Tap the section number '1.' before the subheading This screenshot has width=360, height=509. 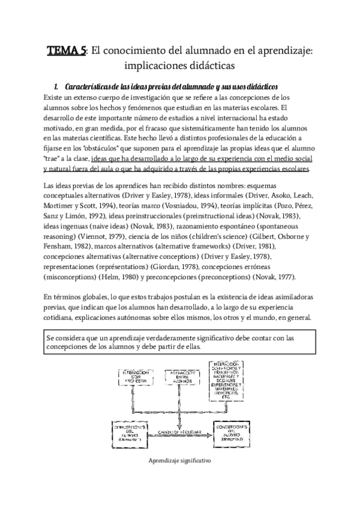58,86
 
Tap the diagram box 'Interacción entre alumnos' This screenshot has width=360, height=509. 181,379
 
